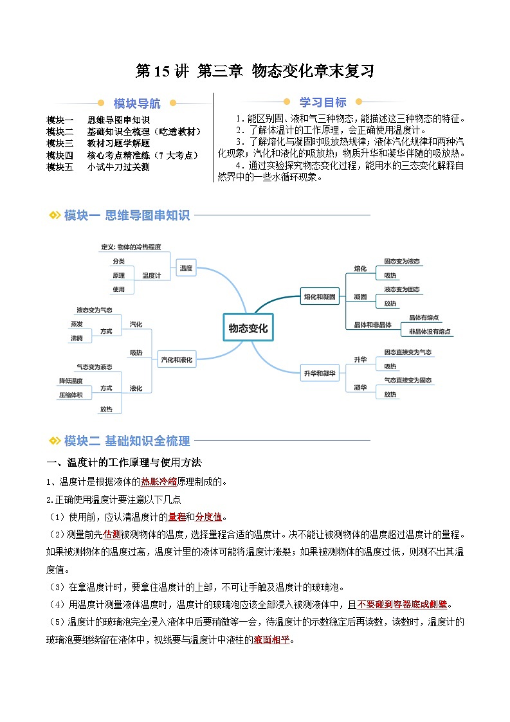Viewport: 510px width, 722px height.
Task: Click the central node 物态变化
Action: [x=248, y=328]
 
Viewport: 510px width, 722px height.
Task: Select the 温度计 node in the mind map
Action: [x=151, y=275]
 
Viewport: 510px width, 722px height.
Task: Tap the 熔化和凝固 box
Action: [x=320, y=297]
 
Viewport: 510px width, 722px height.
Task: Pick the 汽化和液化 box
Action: [x=176, y=360]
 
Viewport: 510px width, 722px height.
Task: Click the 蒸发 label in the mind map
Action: [x=77, y=323]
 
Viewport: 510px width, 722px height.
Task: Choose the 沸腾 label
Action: [x=77, y=338]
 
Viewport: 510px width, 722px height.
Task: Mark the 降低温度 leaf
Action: [x=71, y=381]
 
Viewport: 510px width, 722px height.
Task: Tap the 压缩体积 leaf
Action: [x=71, y=395]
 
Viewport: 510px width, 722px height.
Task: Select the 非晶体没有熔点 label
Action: [x=430, y=332]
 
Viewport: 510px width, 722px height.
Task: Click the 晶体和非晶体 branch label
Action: [x=373, y=325]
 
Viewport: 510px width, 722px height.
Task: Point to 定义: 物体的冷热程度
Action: [x=131, y=247]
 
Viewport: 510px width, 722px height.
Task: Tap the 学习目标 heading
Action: [x=323, y=102]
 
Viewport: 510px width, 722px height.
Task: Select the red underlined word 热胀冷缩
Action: [x=158, y=482]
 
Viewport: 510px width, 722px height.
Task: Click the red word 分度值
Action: [x=207, y=517]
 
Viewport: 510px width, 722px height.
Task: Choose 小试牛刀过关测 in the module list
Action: [x=118, y=167]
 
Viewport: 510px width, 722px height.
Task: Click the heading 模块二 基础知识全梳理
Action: [x=127, y=441]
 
